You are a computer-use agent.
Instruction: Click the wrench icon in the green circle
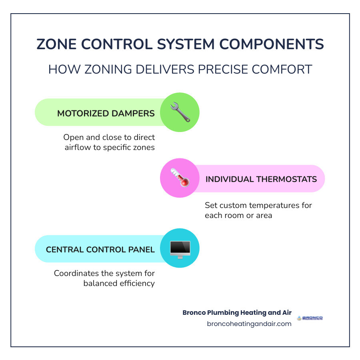pyautogui.click(x=180, y=112)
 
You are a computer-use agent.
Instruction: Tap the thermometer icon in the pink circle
pyautogui.click(x=180, y=178)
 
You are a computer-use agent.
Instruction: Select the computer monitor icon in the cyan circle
pyautogui.click(x=180, y=248)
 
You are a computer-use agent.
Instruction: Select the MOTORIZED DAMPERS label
pyautogui.click(x=106, y=113)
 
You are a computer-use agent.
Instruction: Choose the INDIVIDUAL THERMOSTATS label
pyautogui.click(x=261, y=179)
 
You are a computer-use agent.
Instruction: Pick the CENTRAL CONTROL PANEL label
pyautogui.click(x=100, y=250)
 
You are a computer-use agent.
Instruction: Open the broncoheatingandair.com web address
pyautogui.click(x=249, y=324)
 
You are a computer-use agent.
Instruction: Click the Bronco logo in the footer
pyautogui.click(x=310, y=318)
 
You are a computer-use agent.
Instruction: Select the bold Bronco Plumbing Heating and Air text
pyautogui.click(x=237, y=312)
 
